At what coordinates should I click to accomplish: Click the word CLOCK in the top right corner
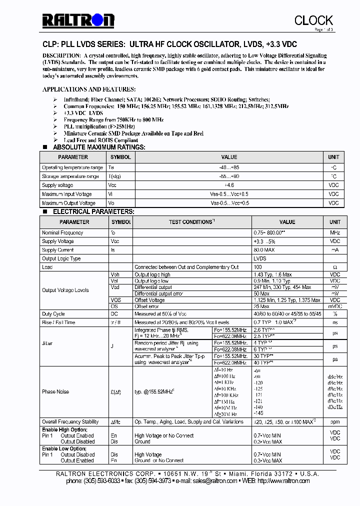pos(313,20)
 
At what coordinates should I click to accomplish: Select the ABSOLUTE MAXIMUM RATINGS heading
pos(99,147)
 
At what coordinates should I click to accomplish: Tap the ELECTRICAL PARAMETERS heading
pos(93,211)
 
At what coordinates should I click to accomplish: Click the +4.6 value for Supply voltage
pos(229,185)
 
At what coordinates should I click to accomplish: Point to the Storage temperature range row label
pos(70,176)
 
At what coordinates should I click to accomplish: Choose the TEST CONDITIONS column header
pos(191,222)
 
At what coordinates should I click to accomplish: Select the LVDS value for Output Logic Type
pos(260,258)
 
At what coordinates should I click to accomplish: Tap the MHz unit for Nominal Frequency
pos(334,233)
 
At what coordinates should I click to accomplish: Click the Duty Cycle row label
pos(53,314)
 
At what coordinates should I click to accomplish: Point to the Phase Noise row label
pos(55,392)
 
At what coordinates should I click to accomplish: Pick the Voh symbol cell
pos(114,274)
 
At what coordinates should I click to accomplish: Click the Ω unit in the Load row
pos(334,267)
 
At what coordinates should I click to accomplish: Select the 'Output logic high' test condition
pos(152,274)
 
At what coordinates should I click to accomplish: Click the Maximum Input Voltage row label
pos(67,194)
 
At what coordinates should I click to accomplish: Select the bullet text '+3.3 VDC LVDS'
pos(83,113)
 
